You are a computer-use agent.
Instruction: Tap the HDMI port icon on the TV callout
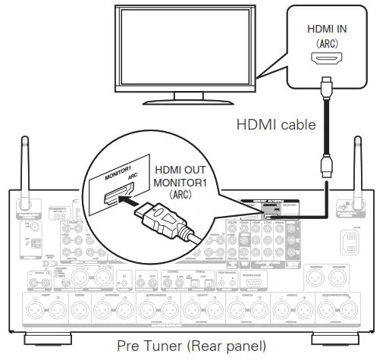pyautogui.click(x=328, y=58)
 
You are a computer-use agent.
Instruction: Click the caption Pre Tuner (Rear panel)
pyautogui.click(x=192, y=346)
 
